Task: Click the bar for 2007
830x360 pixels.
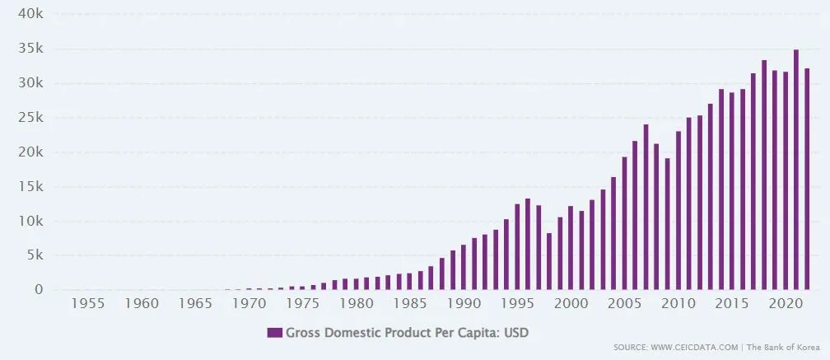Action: [646, 207]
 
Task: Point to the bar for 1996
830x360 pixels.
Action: [528, 244]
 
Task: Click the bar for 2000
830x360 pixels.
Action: [571, 248]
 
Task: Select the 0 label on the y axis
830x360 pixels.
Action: [38, 290]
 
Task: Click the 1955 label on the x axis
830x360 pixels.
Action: [88, 304]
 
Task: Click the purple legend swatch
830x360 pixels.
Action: [275, 332]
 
